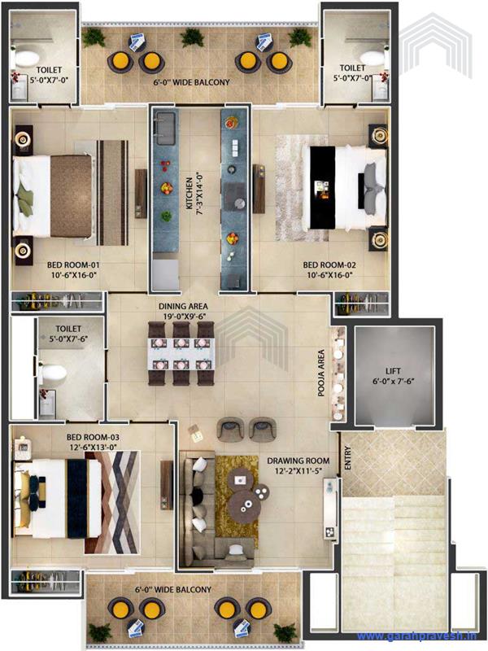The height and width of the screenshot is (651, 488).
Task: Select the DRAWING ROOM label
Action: click(x=297, y=466)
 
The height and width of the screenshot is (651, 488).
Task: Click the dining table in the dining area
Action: click(x=180, y=353)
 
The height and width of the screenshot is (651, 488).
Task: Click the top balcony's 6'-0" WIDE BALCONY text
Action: click(x=192, y=82)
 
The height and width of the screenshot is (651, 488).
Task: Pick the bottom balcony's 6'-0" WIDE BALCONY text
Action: click(x=173, y=590)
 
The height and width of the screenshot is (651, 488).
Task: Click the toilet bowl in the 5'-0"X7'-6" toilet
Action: click(x=55, y=373)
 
